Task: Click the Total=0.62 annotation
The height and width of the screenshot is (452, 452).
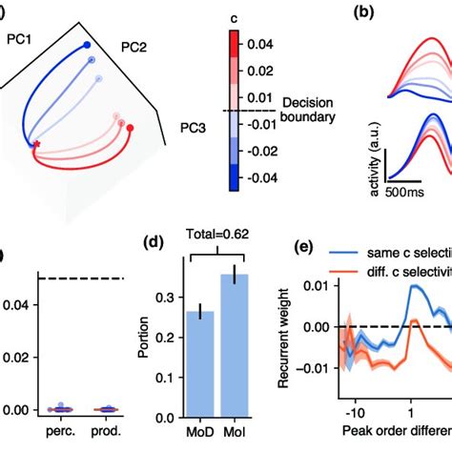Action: pos(230,257)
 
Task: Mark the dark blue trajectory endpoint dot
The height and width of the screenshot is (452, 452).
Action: pos(88,44)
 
